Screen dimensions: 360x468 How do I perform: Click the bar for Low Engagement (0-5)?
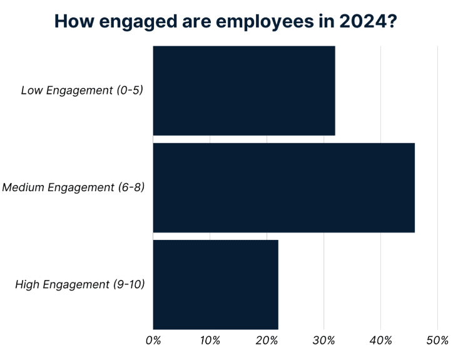pos(244,91)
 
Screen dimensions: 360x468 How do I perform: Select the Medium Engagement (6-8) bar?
pos(283,187)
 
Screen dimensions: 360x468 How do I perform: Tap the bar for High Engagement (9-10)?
pos(215,284)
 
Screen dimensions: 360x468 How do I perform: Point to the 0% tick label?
pos(153,341)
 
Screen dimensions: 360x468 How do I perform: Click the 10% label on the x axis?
pos(210,341)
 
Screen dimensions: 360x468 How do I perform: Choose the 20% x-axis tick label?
pos(267,341)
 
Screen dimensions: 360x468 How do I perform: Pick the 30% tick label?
pos(323,341)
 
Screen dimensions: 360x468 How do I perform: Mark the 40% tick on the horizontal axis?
pos(380,341)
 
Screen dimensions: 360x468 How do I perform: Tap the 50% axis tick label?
pos(437,341)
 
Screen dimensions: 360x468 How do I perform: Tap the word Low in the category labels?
pos(31,91)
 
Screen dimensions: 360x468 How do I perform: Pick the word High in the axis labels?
pos(27,285)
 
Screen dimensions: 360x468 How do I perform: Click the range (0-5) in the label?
pos(130,91)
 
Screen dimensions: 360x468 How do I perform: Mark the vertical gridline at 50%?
pos(437,187)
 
